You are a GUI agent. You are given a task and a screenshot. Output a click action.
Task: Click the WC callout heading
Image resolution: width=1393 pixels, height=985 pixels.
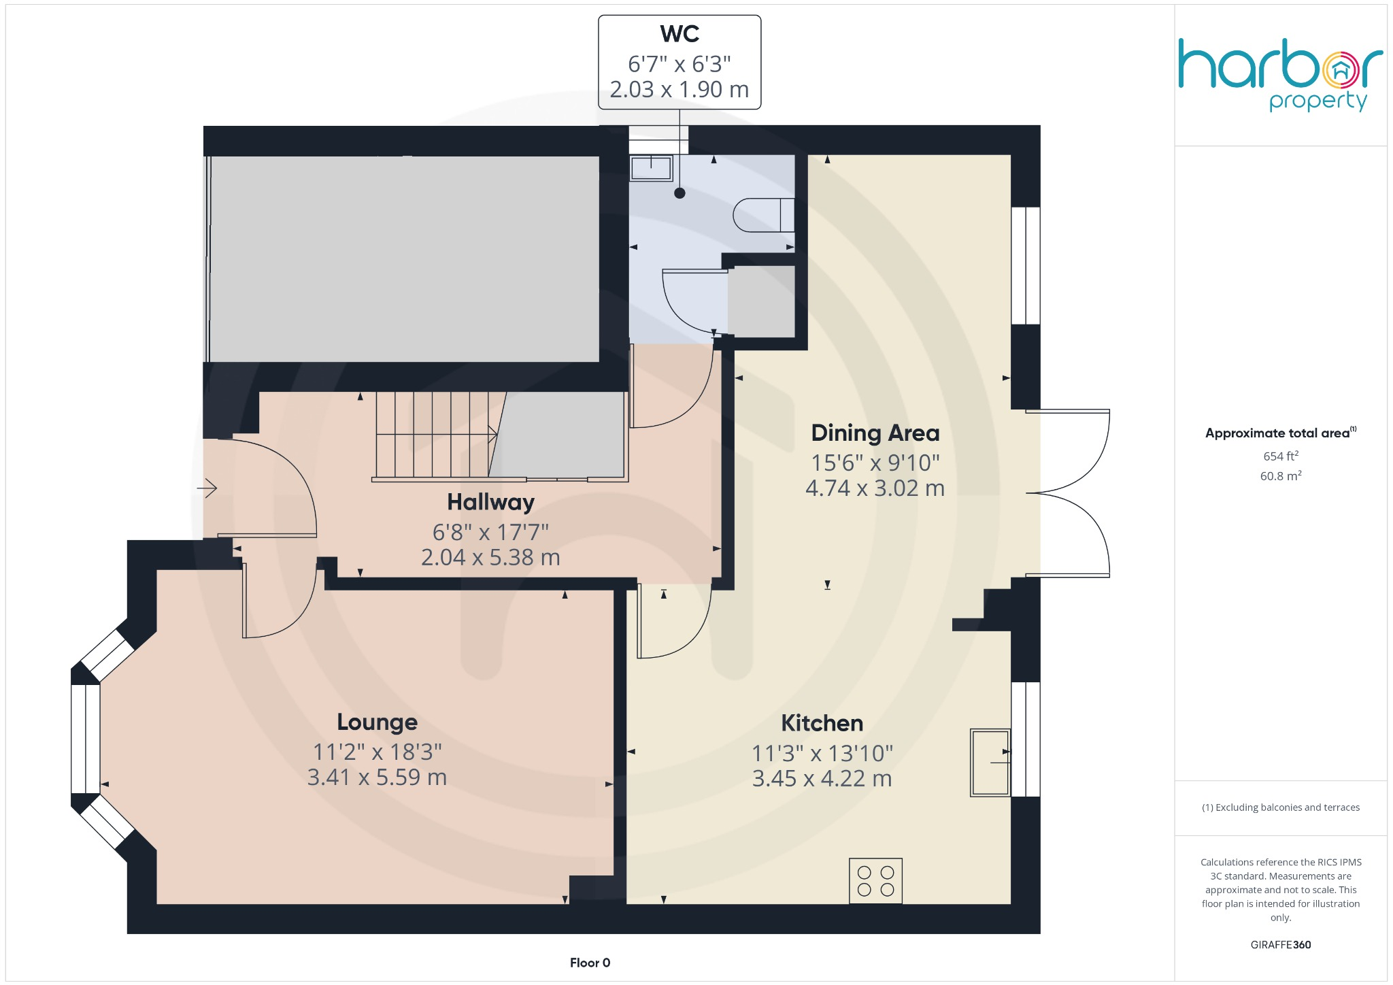tap(679, 34)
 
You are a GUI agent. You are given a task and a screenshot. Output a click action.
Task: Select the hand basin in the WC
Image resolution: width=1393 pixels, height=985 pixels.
tap(651, 167)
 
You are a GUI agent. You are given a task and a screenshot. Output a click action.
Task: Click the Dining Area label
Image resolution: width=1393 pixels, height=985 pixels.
tap(875, 433)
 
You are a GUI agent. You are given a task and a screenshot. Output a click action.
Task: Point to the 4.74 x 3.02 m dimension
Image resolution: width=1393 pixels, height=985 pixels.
tap(875, 488)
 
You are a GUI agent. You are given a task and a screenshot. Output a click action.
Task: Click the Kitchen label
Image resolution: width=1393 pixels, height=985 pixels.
tap(822, 723)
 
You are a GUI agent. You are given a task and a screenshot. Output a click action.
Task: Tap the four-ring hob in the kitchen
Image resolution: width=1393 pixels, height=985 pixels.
tap(875, 881)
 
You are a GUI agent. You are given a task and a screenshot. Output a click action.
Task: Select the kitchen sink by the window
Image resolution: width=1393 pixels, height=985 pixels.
tap(990, 763)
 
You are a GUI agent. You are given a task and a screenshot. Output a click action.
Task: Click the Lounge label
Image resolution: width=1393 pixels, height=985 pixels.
tap(377, 722)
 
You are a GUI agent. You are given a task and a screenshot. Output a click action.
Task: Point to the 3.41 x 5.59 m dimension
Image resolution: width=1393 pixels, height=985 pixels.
tap(377, 778)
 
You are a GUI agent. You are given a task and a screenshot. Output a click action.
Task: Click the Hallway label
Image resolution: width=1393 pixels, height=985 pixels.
tap(490, 502)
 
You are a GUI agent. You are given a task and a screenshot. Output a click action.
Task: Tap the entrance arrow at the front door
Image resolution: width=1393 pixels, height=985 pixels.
tap(207, 488)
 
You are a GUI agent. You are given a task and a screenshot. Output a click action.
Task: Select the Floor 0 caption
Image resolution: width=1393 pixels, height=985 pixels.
tap(590, 963)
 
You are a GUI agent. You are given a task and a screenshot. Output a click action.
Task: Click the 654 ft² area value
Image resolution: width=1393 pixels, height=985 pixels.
tap(1280, 456)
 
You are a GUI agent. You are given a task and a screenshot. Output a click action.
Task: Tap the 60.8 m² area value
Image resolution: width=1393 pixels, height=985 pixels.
tap(1280, 476)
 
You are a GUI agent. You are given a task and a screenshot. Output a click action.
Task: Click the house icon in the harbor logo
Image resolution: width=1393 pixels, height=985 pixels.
tap(1340, 70)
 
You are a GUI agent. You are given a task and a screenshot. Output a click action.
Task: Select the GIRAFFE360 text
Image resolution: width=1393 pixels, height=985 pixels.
tap(1280, 945)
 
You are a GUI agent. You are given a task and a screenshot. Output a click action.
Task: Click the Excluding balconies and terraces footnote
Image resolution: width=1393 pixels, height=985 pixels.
tap(1280, 807)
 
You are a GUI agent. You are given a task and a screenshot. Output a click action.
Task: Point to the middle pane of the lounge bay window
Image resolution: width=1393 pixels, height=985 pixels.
tap(86, 739)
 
